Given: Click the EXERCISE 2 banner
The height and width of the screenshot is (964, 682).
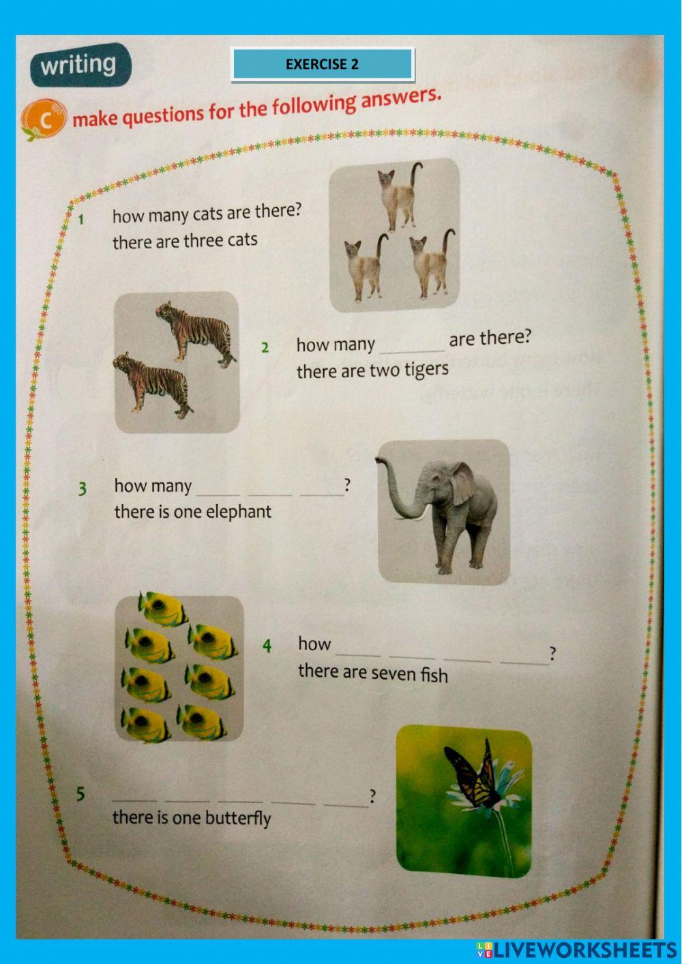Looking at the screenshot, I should coord(322,64).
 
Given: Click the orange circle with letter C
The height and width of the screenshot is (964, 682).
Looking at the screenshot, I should coord(45,119).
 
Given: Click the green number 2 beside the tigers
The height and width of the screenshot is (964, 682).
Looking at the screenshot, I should coord(265,347).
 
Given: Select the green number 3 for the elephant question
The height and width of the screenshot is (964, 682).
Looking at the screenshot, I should coord(82,489).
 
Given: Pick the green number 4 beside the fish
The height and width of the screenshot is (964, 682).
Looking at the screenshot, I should coord(267,645).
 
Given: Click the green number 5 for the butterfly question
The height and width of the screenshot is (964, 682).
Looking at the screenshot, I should coord(80,793).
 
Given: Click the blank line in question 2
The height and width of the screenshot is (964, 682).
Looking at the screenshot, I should coord(411,347).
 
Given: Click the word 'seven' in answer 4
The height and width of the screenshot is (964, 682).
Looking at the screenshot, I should coord(393,673).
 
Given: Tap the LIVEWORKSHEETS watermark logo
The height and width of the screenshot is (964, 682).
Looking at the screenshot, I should coord(576,950).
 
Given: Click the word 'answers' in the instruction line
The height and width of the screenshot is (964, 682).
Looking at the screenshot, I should coord(400,100).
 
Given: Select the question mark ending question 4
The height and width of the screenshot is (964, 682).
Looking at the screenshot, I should coord(552,654).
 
